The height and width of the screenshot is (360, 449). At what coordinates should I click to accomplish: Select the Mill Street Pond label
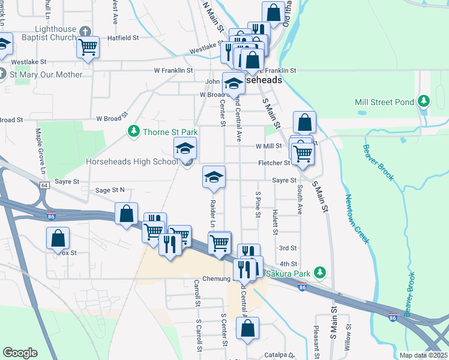384,102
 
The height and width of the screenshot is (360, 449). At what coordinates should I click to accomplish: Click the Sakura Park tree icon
320,273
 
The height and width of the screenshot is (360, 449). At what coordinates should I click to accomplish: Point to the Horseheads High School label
131,161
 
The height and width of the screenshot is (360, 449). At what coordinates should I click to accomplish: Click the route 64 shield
45,185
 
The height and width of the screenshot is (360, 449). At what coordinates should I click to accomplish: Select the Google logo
20,353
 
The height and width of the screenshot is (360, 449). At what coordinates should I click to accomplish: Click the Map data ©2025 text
423,355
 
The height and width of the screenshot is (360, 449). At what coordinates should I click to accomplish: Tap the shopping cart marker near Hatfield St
88,46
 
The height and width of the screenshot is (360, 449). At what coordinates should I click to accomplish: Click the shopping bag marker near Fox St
58,238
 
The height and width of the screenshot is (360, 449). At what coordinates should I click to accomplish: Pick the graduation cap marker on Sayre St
214,176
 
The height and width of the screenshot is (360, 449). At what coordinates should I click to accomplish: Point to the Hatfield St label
123,37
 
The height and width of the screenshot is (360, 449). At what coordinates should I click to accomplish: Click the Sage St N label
110,190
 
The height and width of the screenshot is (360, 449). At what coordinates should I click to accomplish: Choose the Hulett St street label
276,220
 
